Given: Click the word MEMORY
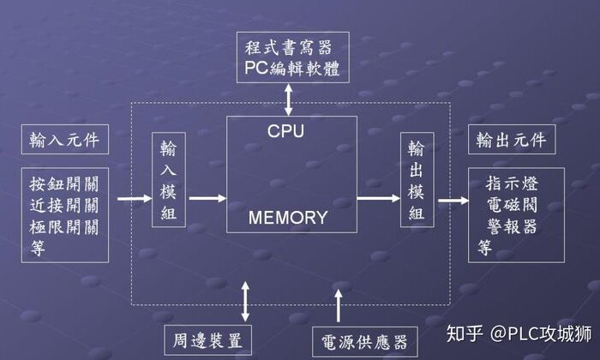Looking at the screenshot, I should point(288,217).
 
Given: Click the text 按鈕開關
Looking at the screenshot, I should point(64,184).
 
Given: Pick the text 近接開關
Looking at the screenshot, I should point(64,206).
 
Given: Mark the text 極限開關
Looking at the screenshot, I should point(64,227).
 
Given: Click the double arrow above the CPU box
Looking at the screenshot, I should point(289,99).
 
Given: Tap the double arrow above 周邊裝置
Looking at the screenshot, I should point(247,301).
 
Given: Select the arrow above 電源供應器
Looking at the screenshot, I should point(339,306).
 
